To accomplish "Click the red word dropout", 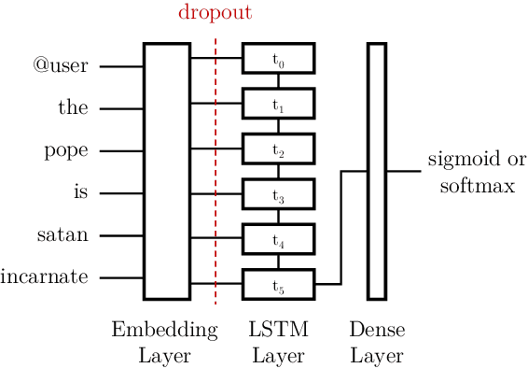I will tap(215, 14).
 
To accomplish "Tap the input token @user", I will tap(61, 66).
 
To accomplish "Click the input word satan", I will tap(63, 235).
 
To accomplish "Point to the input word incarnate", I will tap(45, 277).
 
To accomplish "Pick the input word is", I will tap(79, 193).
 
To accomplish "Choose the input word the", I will tap(73, 108).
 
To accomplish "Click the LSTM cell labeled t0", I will tap(278, 59).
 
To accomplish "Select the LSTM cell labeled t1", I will tap(278, 103).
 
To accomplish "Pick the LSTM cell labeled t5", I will tap(278, 283).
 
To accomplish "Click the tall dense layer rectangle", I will tap(376, 171).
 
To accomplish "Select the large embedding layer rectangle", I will tap(166, 171).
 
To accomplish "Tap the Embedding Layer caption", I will tap(164, 342).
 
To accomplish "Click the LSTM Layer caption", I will tap(279, 342).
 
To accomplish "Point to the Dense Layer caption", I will tap(377, 342).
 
